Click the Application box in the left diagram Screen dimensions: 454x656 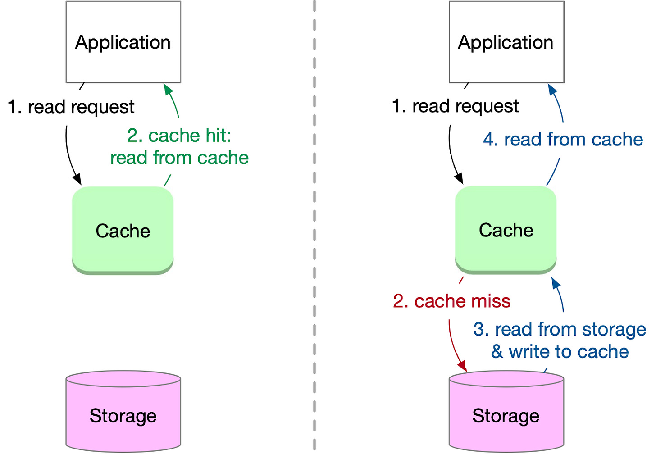click(x=123, y=42)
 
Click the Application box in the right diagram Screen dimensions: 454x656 click(x=506, y=42)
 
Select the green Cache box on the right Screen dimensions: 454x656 click(x=506, y=230)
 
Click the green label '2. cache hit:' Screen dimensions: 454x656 click(x=179, y=135)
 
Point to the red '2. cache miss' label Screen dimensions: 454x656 click(x=451, y=301)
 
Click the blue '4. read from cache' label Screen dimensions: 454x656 click(x=563, y=139)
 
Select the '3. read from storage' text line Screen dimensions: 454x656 click(x=560, y=329)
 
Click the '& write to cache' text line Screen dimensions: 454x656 click(x=560, y=351)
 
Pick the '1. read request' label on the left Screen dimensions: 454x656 click(x=71, y=107)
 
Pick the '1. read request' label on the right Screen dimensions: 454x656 click(x=455, y=106)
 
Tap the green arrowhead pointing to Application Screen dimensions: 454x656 click(x=168, y=89)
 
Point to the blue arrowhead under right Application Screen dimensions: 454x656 click(x=551, y=89)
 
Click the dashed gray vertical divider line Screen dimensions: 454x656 click(x=314, y=225)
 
